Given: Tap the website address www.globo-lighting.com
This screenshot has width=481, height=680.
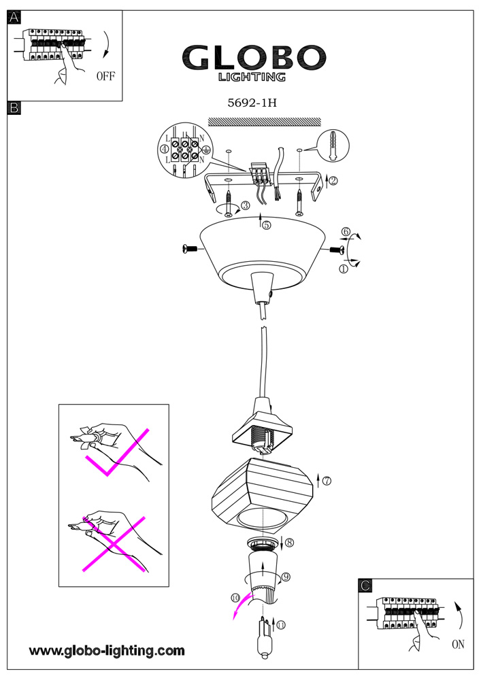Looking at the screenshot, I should click(107, 651).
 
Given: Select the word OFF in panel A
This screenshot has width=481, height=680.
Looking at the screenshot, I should click(105, 76).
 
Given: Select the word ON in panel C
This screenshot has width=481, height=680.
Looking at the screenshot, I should click(458, 644).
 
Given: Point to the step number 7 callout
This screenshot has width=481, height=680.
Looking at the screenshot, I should click(327, 481).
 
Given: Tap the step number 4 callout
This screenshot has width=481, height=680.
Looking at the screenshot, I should click(164, 149).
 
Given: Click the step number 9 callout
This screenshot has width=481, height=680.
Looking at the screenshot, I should click(286, 577).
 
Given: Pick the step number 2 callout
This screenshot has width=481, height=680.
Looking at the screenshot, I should click(334, 180).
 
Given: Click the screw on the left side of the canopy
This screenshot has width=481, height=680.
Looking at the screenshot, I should click(190, 250).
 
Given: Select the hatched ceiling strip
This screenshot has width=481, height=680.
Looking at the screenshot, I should click(264, 122).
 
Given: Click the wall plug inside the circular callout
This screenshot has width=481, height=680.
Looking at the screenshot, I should click(333, 146).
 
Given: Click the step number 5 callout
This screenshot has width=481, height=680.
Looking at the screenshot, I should click(266, 225).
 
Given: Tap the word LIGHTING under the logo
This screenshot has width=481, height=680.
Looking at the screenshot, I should click(252, 78).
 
